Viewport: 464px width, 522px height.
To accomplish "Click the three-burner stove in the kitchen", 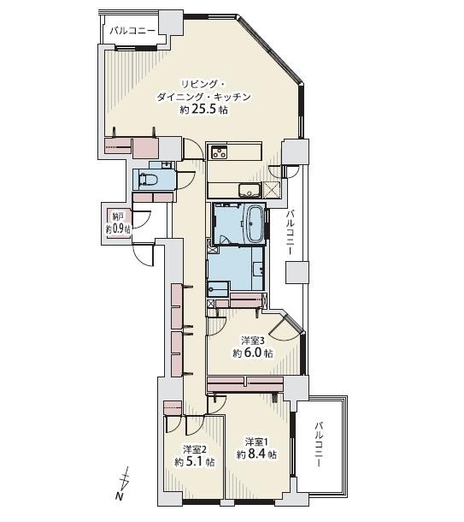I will (218, 153).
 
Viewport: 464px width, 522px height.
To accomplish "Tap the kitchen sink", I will (249, 190).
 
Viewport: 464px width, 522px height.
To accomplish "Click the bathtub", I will (255, 223).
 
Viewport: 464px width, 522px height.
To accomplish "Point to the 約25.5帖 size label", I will (203, 110).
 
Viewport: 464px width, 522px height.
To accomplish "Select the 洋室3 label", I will (252, 340).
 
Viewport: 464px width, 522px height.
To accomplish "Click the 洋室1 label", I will (257, 442).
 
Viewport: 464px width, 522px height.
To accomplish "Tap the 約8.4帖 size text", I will (257, 454).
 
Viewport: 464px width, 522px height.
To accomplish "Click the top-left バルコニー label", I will (132, 30).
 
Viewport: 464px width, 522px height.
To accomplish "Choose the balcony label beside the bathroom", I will (291, 234).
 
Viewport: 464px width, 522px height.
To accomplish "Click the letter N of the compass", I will (119, 497).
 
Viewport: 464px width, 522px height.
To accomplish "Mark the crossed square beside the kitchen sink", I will (273, 190).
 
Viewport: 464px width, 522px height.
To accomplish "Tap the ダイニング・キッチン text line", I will (204, 97).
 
